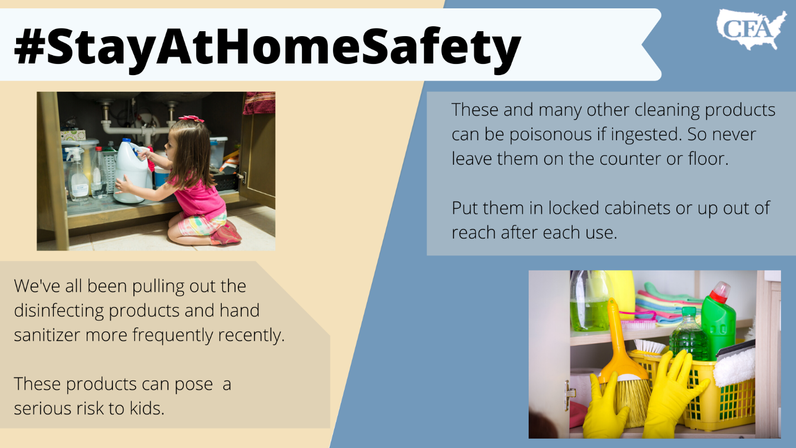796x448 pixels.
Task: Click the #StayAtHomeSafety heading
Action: coord(267,46)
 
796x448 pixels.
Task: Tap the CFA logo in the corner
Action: coord(751,29)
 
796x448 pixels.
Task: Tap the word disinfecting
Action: coord(58,311)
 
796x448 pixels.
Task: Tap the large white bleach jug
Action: coord(132,171)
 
